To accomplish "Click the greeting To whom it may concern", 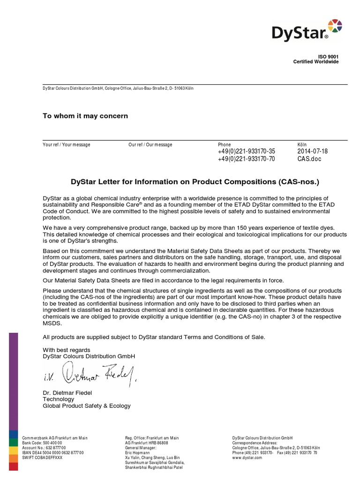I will [x=85, y=116].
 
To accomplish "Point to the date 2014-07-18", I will [x=313, y=151].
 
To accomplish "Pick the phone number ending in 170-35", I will [x=247, y=151].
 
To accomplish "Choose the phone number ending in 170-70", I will [x=247, y=159].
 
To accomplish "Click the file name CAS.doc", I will [x=309, y=159].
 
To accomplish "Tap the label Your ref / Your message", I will [x=67, y=145].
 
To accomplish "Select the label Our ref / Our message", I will [x=150, y=145].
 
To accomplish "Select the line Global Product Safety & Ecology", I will [x=87, y=406].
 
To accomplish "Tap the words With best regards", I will [x=67, y=350].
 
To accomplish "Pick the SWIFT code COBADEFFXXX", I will [x=42, y=457].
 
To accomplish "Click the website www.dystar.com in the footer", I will [x=247, y=457].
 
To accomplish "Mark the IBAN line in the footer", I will [x=53, y=453].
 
